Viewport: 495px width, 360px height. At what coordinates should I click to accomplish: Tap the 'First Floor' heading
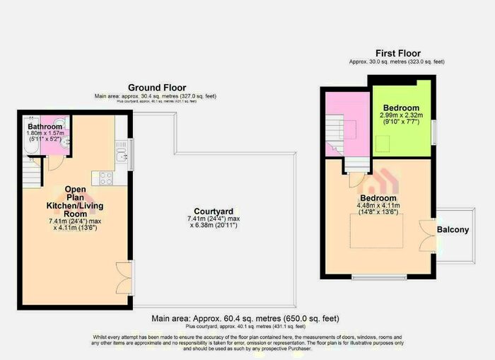tap(397, 53)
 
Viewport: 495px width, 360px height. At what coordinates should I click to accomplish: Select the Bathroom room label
tap(35, 127)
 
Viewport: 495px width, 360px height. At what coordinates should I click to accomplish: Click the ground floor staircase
tap(30, 170)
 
